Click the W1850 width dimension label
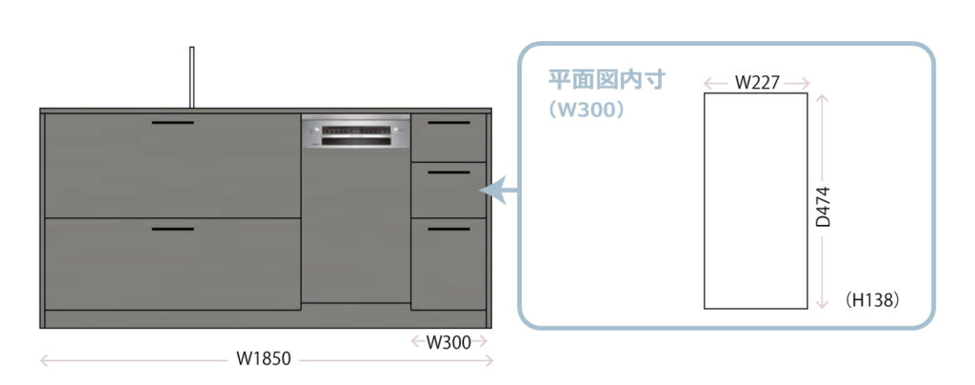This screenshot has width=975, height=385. (264, 360)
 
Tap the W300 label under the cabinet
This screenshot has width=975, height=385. (448, 342)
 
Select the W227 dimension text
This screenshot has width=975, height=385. (757, 83)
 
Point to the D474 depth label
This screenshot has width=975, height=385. (824, 205)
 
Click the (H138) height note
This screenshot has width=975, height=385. (872, 299)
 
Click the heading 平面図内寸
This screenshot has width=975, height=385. (607, 80)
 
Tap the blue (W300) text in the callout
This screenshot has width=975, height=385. (587, 110)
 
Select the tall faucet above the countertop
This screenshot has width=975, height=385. (191, 76)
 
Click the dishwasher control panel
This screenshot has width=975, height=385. (356, 132)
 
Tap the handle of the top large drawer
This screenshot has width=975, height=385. (172, 123)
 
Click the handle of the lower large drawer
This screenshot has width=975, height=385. (172, 229)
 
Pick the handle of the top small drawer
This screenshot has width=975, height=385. (448, 123)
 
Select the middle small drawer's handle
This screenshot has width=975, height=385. (448, 172)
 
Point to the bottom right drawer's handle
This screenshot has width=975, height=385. (448, 229)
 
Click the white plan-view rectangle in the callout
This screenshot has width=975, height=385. (755, 200)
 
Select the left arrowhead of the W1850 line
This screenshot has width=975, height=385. (44, 360)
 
